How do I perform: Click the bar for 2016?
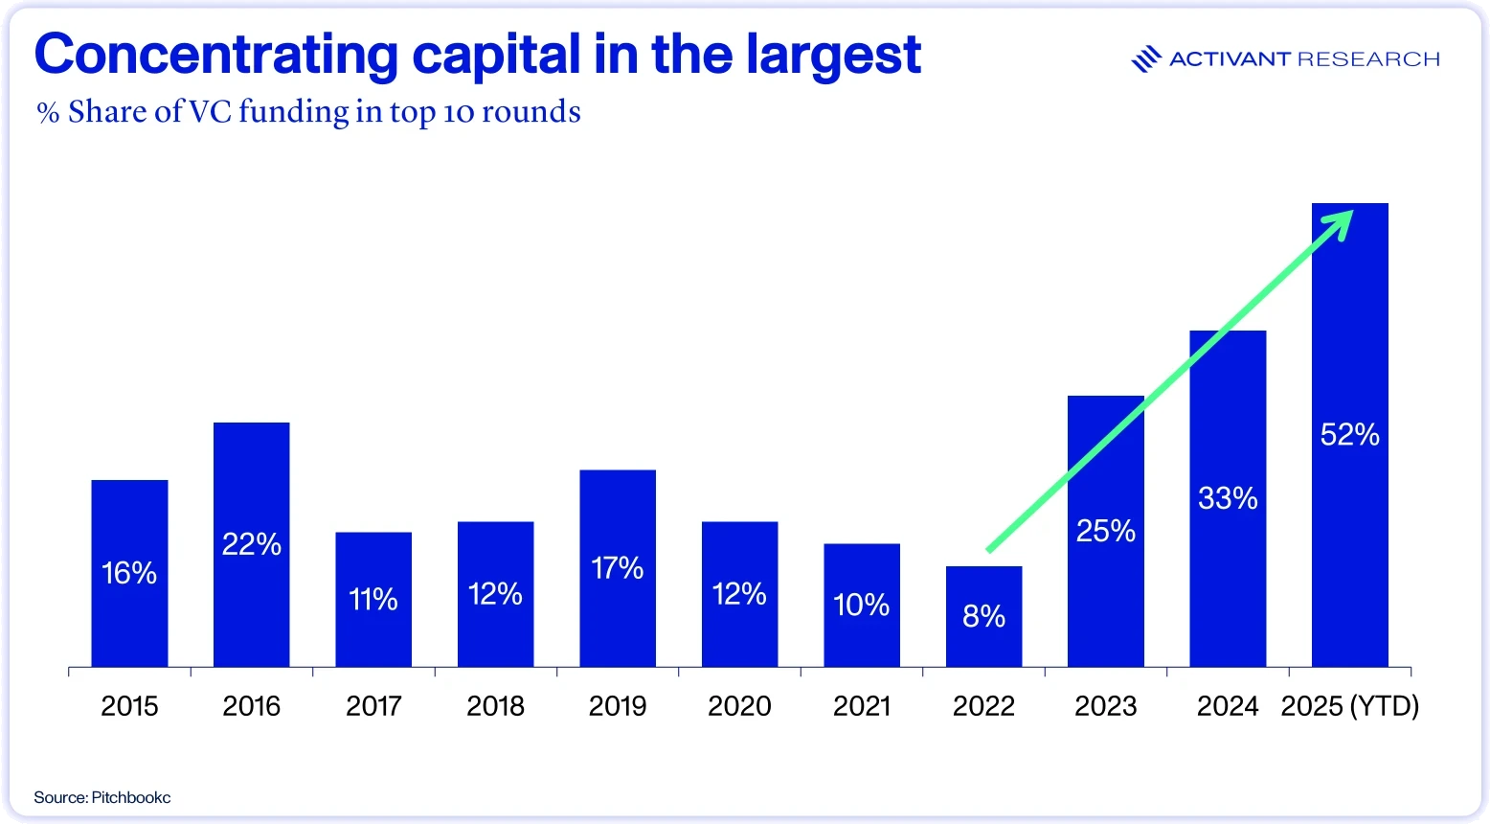pos(252,544)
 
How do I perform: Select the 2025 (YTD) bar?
pos(1349,435)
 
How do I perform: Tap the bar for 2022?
pos(983,616)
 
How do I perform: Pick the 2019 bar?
pos(618,568)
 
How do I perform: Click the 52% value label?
pos(1349,435)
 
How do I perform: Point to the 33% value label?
pos(1228,498)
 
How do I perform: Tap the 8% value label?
pos(983,616)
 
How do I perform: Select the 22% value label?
pos(252,544)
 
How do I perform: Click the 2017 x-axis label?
pos(373,706)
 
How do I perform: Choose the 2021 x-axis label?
pos(862,706)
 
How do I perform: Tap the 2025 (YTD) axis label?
pos(1349,706)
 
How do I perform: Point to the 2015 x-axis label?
pos(129,706)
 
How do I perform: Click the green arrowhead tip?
pos(1352,212)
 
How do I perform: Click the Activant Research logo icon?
pos(1146,59)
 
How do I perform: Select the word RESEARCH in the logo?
pos(1369,59)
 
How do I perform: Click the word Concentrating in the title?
pos(216,56)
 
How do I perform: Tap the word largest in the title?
pos(833,56)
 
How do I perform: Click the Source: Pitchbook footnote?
pos(102,797)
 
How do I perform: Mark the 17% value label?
pos(618,568)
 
